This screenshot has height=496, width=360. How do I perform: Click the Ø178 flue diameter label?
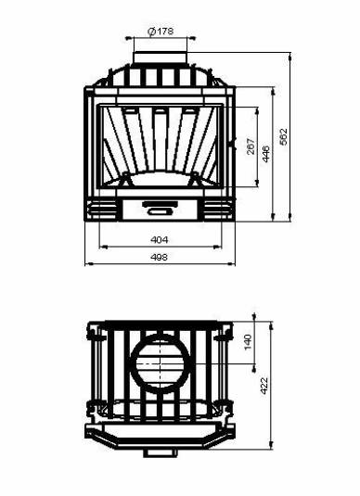click(x=161, y=32)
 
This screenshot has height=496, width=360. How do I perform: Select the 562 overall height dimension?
click(x=284, y=136)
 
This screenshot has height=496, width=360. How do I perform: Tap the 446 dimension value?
click(x=266, y=154)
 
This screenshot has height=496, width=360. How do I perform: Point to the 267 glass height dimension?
click(x=251, y=146)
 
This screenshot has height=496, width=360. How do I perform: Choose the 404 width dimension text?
click(x=160, y=240)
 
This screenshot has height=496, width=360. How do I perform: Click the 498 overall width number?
click(x=160, y=257)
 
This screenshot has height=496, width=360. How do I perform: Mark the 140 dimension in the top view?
click(x=248, y=341)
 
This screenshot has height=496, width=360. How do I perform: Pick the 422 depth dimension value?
click(x=264, y=386)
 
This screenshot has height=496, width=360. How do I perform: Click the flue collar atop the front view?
click(x=161, y=57)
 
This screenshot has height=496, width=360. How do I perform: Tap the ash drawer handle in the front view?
click(x=160, y=208)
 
